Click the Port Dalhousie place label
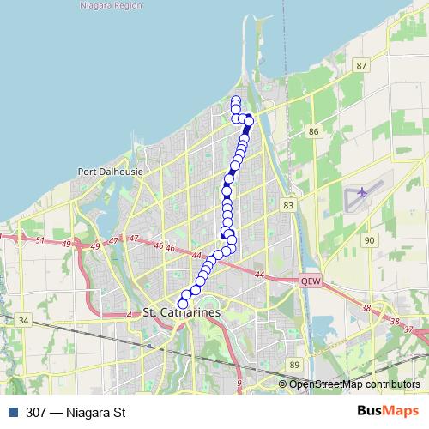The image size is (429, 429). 110,171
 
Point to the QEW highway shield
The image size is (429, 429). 310,281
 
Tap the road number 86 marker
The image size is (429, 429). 313,131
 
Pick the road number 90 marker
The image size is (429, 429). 369,240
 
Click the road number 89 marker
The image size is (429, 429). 294,365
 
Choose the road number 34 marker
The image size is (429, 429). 24,321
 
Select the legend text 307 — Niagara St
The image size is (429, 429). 76,412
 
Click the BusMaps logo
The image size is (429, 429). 389,411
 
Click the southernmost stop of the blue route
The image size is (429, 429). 183,304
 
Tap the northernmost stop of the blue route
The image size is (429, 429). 236,100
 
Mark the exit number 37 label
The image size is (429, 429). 408,329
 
